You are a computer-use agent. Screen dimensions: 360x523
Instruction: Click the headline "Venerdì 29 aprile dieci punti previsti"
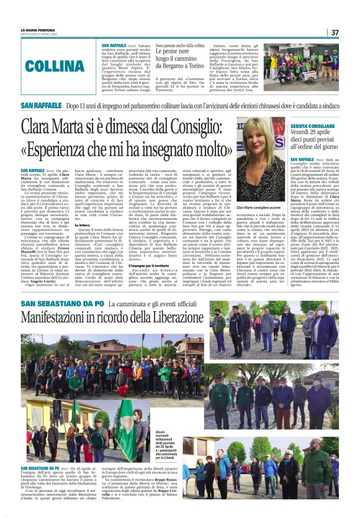(x=315, y=141)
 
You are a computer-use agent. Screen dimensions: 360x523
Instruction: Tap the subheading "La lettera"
(x=83, y=224)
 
